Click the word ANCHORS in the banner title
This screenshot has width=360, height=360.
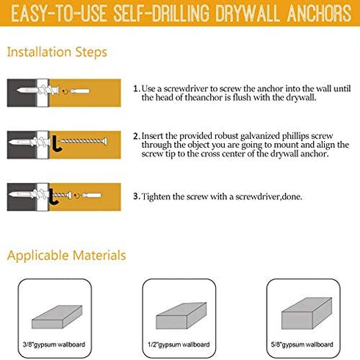tap(319, 13)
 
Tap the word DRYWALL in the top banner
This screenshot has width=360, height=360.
tap(248, 13)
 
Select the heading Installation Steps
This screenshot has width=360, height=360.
tap(57, 52)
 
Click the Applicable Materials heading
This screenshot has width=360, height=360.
tap(66, 256)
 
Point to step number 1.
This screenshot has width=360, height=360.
tap(136, 88)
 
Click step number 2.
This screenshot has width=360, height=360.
tap(137, 136)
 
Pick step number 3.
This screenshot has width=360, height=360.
tap(137, 196)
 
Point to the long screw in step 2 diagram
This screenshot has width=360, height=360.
tap(83, 141)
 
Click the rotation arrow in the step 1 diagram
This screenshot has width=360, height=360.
tap(65, 92)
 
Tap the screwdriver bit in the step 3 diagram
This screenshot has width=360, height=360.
tap(91, 195)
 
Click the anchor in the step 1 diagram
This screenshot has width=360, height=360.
tap(38, 90)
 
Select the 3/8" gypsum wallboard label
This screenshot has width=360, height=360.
tap(54, 345)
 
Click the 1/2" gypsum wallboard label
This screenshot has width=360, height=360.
tap(179, 345)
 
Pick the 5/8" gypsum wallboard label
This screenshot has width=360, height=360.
tap(302, 345)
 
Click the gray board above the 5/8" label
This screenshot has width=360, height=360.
tap(306, 314)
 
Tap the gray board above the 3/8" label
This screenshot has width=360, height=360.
tap(57, 317)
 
